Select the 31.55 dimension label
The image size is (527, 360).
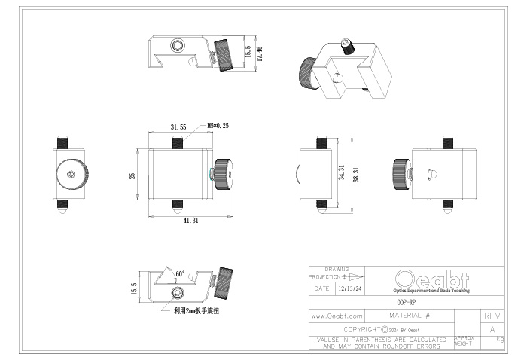178,127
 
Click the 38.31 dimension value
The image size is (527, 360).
355,173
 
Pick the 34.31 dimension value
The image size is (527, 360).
341,173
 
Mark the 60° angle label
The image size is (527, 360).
180,274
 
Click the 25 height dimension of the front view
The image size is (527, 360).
133,175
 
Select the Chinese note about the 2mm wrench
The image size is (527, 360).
196,310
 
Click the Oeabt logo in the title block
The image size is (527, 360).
431,279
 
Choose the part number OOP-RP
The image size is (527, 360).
406,301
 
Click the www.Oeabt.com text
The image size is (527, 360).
337,316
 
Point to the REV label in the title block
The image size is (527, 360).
492,316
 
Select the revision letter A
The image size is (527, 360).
492,330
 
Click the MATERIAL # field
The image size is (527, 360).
410,316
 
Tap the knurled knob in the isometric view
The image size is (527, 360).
309,74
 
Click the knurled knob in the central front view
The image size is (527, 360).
222,175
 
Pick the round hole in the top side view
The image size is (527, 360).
177,46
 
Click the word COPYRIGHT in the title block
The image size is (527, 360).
360,329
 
